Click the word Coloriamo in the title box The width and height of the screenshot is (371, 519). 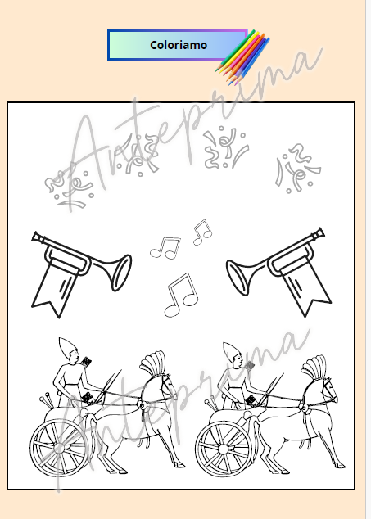point(179,45)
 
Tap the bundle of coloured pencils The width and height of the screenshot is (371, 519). point(242,57)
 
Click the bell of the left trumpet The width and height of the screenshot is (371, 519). point(121,273)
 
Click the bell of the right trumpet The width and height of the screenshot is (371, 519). point(237,278)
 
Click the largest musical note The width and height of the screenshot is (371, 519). point(181,295)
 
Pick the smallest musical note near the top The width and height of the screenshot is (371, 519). point(202,232)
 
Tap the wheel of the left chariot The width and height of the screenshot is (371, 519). point(60,448)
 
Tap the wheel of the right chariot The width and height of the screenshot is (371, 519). point(224,449)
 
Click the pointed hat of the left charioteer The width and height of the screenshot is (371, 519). point(68,348)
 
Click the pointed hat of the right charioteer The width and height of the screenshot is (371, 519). point(232,352)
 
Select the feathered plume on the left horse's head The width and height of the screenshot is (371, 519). point(152,363)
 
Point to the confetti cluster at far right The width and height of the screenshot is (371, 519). point(297,169)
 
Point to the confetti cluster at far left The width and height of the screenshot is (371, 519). point(69,186)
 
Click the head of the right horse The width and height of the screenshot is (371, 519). point(328,390)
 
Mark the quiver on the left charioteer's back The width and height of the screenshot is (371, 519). point(86,362)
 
